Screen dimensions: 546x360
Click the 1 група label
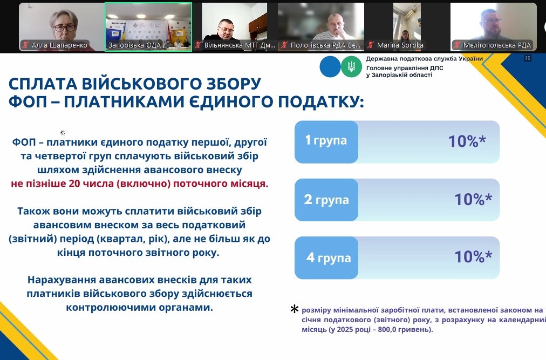pos(326,140)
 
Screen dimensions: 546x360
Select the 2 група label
pos(326,200)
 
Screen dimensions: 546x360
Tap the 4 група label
pos(329,258)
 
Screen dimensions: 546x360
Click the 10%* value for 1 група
pos(467,141)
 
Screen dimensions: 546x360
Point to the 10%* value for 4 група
pos(473,257)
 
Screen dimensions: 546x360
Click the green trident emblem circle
pos(351,66)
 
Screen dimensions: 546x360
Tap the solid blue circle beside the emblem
pos(330,66)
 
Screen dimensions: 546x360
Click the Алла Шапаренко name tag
pos(59,45)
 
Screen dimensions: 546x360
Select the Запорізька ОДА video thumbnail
pos(148,27)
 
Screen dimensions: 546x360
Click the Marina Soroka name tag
pos(400,45)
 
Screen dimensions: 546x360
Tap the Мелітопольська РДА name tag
pos(497,45)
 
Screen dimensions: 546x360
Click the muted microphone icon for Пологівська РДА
pos(284,45)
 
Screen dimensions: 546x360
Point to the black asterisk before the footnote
pos(295,309)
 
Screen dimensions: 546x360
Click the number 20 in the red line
pos(74,184)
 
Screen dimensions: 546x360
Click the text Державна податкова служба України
pos(424,59)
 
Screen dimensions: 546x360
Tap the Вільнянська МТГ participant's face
pos(226,29)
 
